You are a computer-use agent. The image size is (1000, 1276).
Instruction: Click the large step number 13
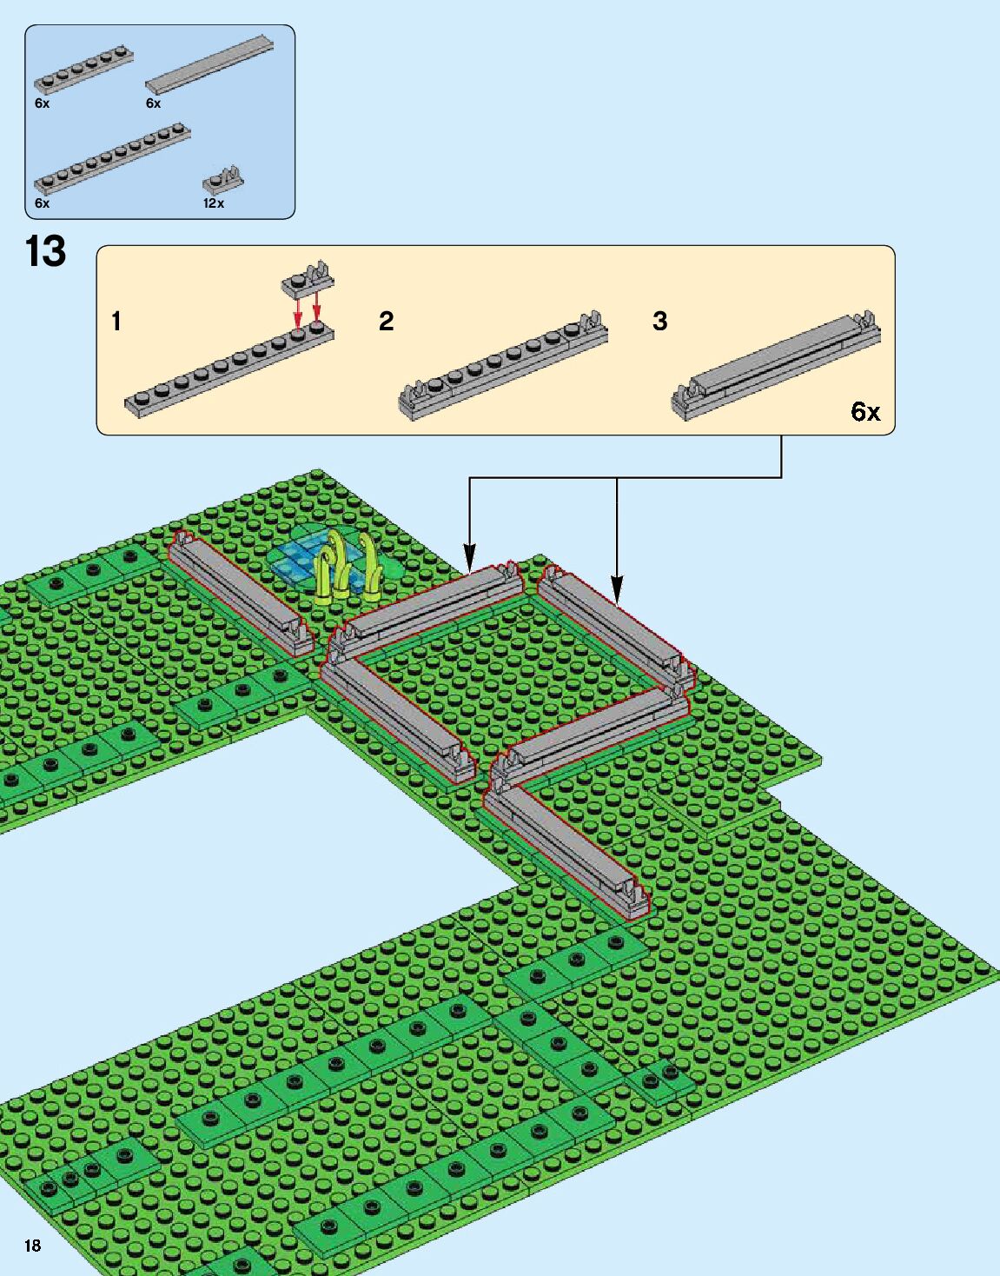click(45, 251)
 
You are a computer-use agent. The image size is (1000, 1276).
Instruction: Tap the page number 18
click(32, 1246)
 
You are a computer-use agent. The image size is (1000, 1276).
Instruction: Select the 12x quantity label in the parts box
click(213, 203)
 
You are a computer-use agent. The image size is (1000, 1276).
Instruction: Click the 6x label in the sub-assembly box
click(865, 411)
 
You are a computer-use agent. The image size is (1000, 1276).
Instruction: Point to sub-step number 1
click(116, 322)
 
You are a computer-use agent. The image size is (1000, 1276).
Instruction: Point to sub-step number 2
click(387, 322)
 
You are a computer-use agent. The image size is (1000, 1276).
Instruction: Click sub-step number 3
click(660, 322)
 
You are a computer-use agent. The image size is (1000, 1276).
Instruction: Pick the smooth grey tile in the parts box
click(209, 63)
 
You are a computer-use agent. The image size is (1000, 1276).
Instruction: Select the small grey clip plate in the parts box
click(222, 180)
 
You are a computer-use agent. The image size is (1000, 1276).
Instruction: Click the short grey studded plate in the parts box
click(83, 70)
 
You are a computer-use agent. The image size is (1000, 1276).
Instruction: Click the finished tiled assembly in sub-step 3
click(776, 365)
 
